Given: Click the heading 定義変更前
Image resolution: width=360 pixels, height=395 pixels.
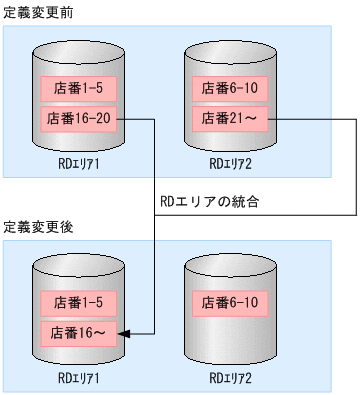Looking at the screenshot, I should pyautogui.click(x=37, y=11).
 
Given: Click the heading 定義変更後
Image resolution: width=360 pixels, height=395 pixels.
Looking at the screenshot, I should pyautogui.click(x=37, y=228).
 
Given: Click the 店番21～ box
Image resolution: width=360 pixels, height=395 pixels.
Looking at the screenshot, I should pyautogui.click(x=230, y=118).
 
